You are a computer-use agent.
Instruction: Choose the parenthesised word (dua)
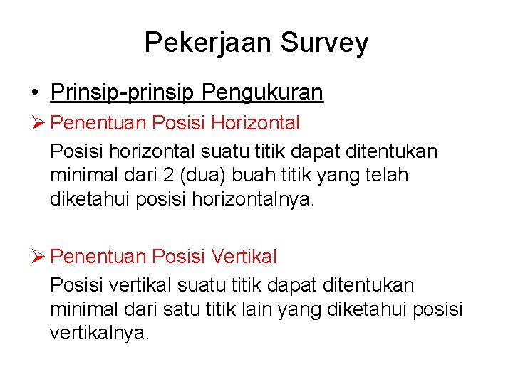click(220, 175)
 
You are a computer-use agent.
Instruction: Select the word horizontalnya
click(253, 199)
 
